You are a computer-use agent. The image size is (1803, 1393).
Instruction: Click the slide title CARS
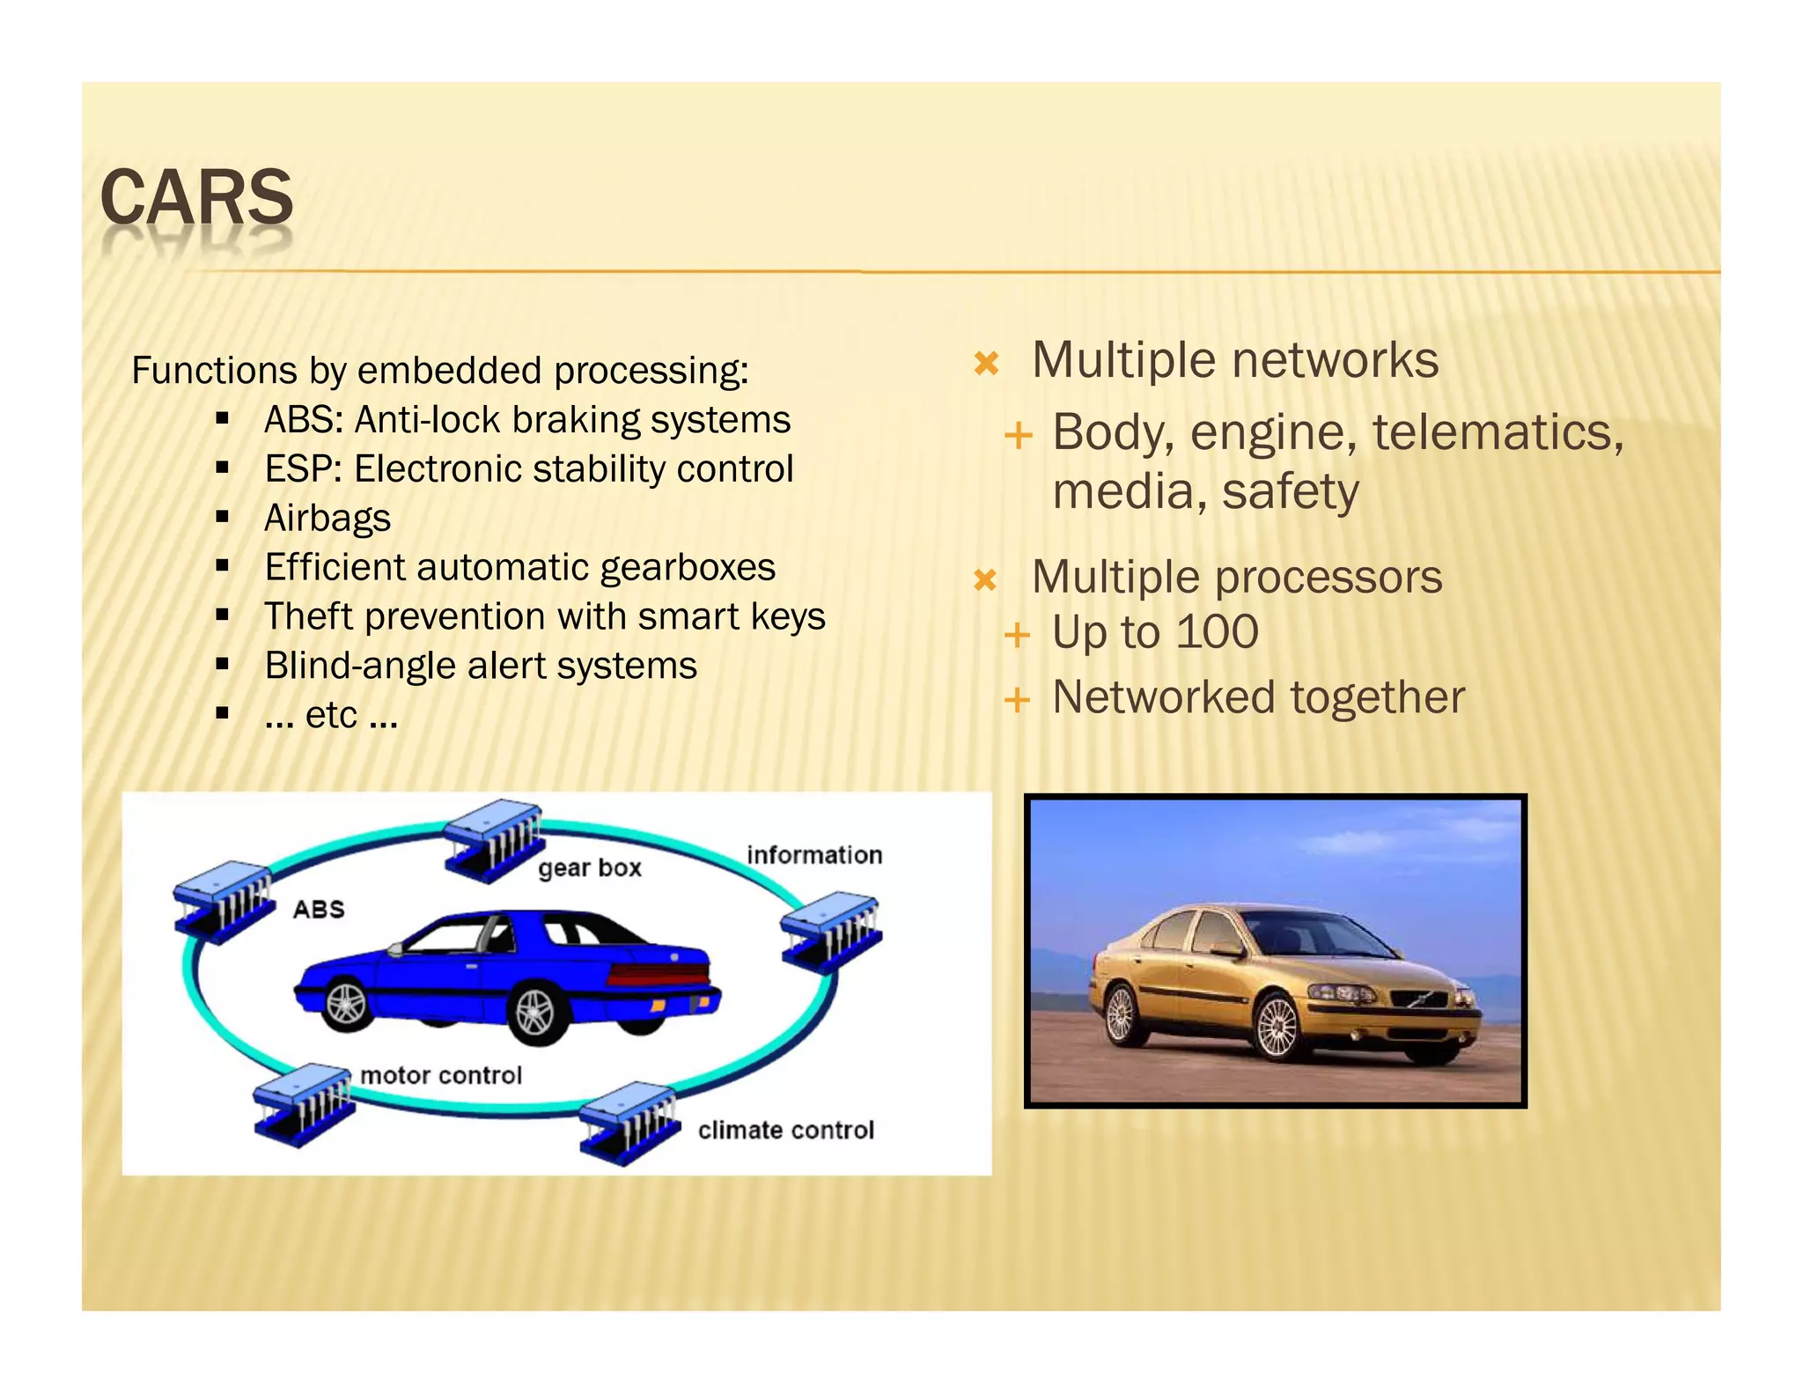pos(196,197)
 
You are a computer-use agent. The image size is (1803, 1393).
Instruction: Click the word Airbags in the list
pos(327,519)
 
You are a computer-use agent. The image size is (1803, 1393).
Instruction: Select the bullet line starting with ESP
pos(528,469)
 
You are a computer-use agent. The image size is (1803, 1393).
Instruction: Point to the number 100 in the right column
pos(1218,632)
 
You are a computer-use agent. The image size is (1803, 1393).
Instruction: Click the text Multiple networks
pos(1234,360)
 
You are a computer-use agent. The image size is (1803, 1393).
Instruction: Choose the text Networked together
pos(1258,698)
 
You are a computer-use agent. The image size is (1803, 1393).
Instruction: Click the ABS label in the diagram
pos(318,910)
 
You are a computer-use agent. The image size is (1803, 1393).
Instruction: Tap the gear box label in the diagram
pos(589,868)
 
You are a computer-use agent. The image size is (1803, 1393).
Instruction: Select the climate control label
pos(785,1131)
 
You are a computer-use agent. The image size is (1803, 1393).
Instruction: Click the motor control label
pos(441,1076)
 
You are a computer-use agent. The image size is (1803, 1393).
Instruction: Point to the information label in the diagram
pos(813,855)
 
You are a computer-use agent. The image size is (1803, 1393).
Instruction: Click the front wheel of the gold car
pos(1277,1028)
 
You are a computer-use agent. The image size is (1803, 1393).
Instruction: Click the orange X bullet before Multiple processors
pos(985,580)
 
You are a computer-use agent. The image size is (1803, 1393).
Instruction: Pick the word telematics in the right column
pos(1497,433)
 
